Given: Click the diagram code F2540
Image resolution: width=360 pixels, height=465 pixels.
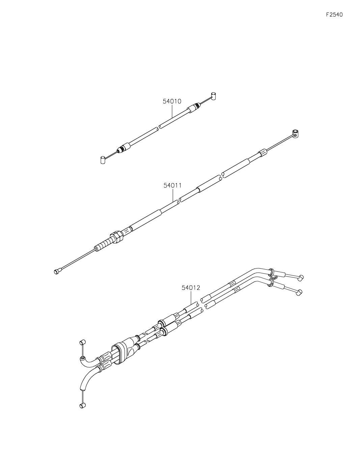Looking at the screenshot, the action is pyautogui.click(x=334, y=15).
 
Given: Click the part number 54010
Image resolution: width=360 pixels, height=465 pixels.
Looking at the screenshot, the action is pyautogui.click(x=172, y=101).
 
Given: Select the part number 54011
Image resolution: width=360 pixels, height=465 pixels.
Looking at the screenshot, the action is pyautogui.click(x=172, y=185).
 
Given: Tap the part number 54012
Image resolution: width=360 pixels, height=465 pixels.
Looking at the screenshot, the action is pyautogui.click(x=191, y=288).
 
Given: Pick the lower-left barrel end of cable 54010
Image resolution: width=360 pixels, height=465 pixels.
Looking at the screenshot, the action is pyautogui.click(x=103, y=160).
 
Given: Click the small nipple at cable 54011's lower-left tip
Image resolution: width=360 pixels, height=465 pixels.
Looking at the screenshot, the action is pyautogui.click(x=57, y=272).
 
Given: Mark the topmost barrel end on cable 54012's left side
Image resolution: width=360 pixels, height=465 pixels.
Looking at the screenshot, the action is pyautogui.click(x=83, y=342).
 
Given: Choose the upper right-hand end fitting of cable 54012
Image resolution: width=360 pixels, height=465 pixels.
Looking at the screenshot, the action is pyautogui.click(x=300, y=277).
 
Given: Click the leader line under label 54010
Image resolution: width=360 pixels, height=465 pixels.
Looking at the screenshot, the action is pyautogui.click(x=172, y=111).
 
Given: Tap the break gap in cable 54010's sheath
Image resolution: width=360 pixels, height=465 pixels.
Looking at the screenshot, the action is pyautogui.click(x=159, y=127).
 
